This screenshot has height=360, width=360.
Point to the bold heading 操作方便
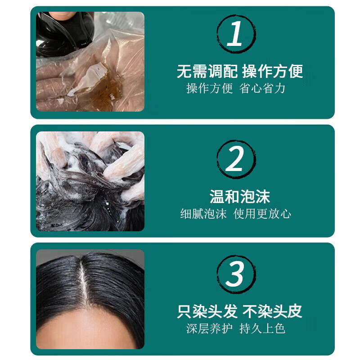pos(273,71)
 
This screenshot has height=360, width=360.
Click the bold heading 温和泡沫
pos(240,196)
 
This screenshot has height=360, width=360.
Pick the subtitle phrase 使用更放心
pos(262,213)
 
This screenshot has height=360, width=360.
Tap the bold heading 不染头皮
pos(273,311)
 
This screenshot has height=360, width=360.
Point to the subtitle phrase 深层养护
pos(209,328)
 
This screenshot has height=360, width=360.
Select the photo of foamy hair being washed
pos(90,181)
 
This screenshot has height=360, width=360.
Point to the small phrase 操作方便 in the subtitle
pos(209,88)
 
